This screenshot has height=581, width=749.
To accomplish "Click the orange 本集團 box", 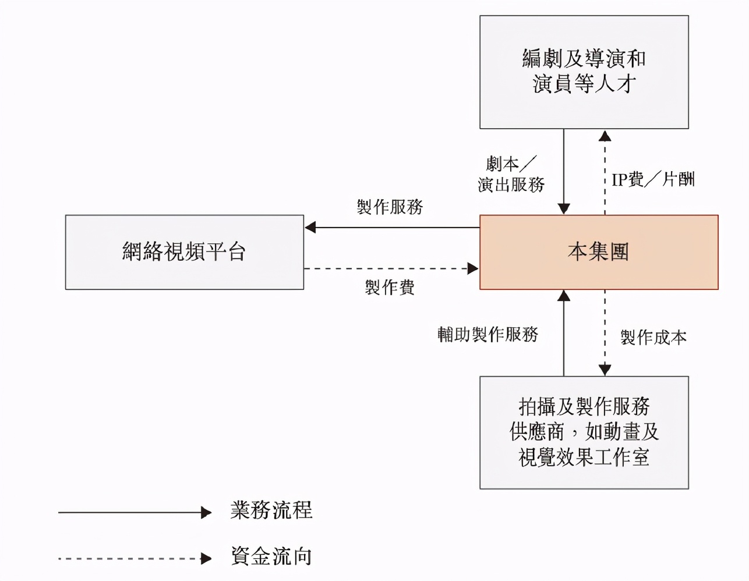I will point(598,252).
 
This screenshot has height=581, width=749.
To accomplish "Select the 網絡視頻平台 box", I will point(184,252).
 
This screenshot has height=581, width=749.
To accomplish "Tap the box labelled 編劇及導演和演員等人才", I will point(584,72).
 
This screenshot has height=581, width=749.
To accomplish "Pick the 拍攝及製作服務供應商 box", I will point(584,432).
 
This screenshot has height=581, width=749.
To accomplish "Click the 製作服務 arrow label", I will point(390,207).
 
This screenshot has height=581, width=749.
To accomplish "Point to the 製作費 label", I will point(390,287).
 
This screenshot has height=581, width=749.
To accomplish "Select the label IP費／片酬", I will point(653,179).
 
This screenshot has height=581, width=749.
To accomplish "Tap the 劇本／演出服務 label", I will point(511,174).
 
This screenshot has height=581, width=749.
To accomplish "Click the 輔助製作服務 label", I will point(487,334).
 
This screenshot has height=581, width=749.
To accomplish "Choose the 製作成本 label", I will point(653,337).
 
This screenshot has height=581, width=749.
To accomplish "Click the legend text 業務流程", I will point(271,511).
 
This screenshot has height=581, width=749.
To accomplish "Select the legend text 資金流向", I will point(271,557).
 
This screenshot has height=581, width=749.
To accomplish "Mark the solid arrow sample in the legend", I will point(134,512).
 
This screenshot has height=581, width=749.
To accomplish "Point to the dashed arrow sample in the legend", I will point(134,559).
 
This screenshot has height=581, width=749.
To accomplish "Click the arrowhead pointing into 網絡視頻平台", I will point(310,227).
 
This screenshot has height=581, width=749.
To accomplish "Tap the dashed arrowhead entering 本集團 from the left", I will point(473,268).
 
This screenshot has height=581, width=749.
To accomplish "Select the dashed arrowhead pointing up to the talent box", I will point(605,136).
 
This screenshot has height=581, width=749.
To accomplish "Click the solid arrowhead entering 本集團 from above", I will point(563,208).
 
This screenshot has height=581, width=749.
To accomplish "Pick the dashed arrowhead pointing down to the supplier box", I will point(605,370).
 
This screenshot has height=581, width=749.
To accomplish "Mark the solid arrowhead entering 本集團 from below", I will point(563,296).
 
